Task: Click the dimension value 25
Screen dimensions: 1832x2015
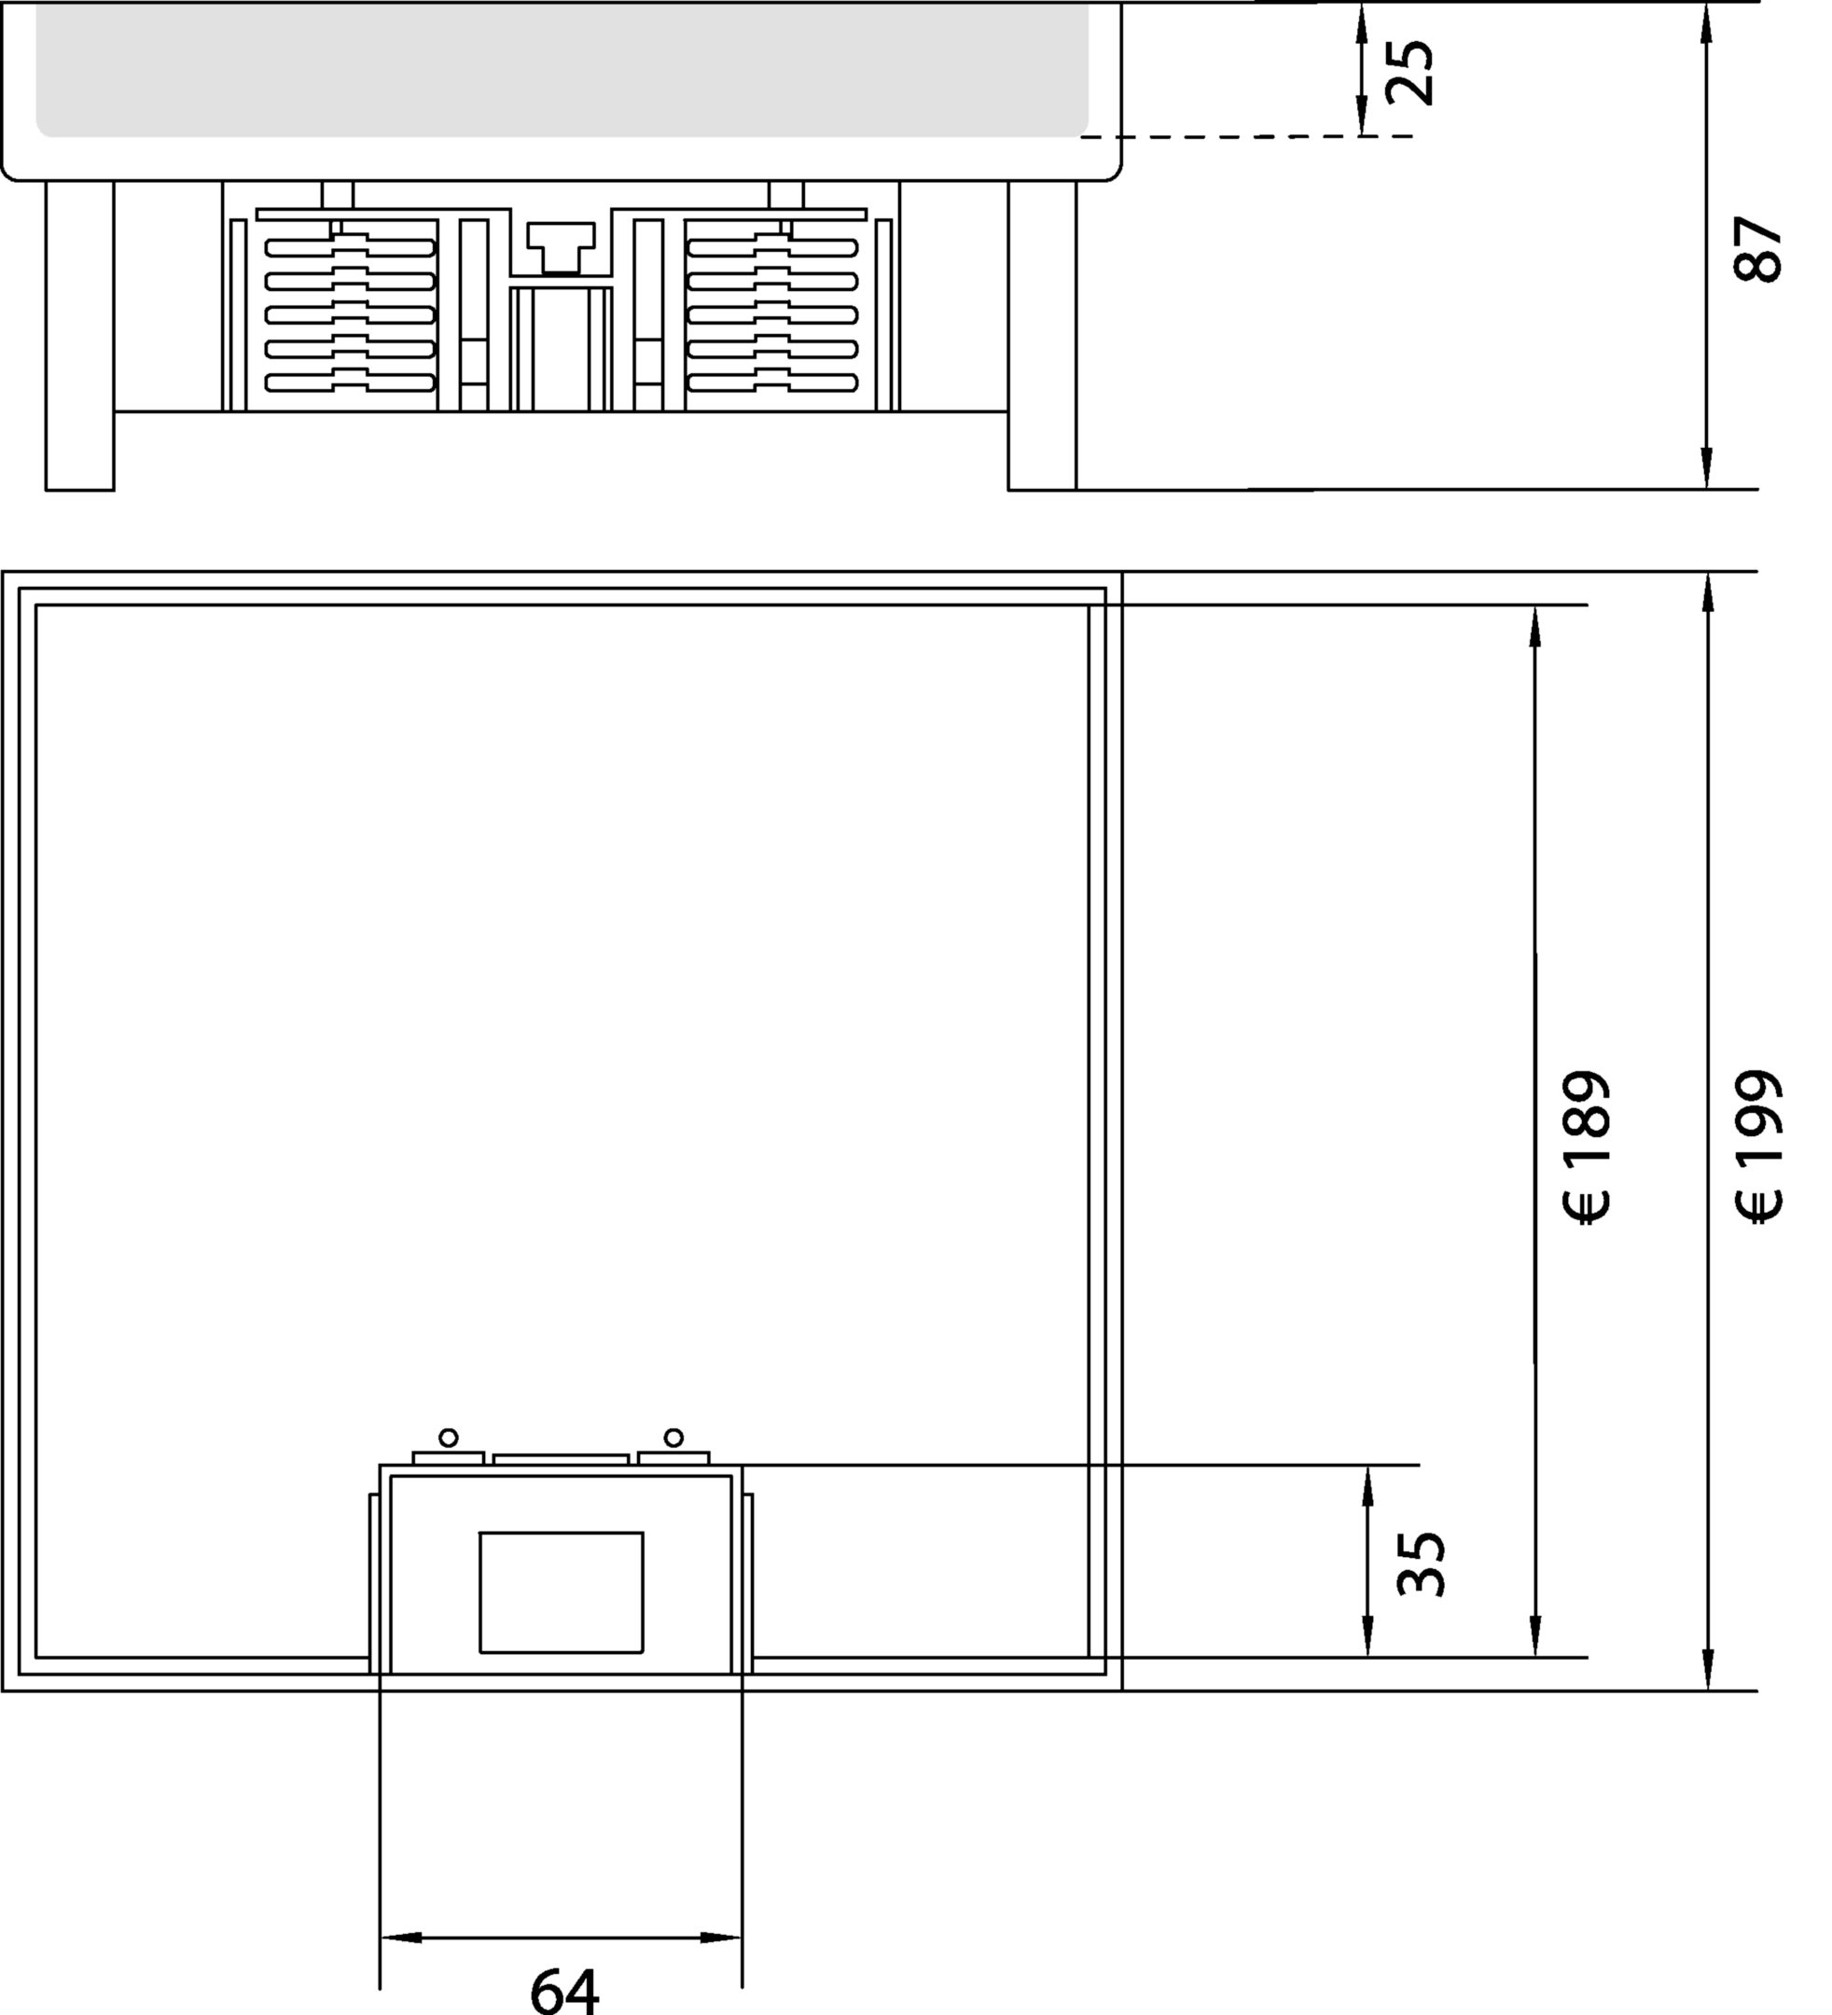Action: click(x=1410, y=72)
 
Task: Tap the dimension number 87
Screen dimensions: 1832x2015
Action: click(x=1758, y=249)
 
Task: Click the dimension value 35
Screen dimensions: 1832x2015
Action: click(x=1422, y=1564)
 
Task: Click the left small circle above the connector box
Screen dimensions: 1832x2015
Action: click(x=449, y=1438)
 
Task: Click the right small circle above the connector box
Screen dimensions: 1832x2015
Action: click(x=673, y=1438)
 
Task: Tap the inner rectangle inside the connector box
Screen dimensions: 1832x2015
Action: click(x=562, y=1592)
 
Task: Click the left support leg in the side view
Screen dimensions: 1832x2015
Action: click(x=80, y=336)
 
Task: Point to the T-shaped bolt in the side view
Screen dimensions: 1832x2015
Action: click(x=561, y=247)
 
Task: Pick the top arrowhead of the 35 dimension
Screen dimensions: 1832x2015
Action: click(x=1367, y=1486)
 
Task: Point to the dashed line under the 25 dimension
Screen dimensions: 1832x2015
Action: click(x=1247, y=136)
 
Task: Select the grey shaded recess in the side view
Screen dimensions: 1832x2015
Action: click(x=562, y=70)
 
